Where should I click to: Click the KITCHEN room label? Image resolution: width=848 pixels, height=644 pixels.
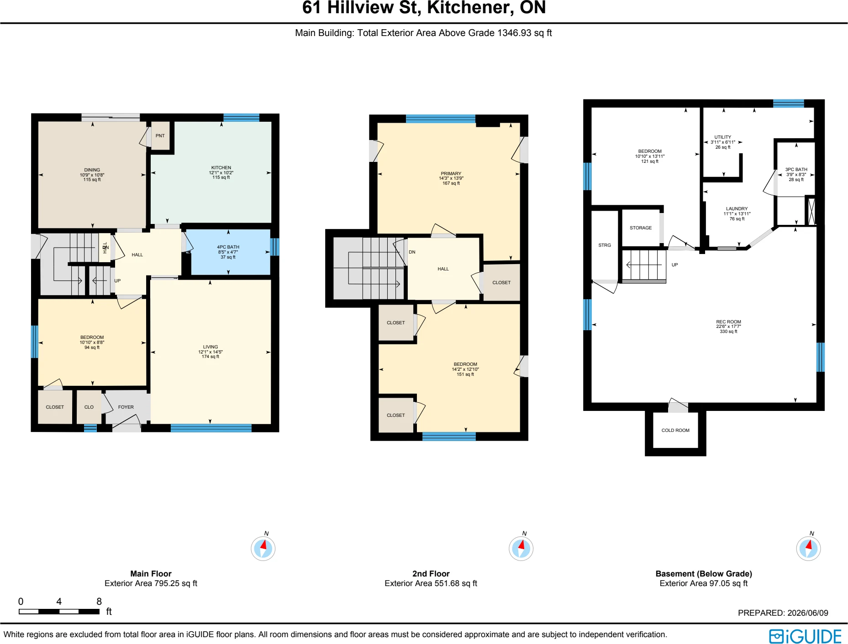coord(221,167)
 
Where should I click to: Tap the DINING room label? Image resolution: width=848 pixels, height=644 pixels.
coord(92,170)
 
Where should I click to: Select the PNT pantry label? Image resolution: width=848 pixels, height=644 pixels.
coord(160,135)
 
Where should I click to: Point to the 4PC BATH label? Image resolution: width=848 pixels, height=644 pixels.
coord(228,247)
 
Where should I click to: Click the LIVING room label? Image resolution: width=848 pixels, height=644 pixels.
coord(211,347)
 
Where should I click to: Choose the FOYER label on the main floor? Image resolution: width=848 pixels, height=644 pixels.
coord(126,407)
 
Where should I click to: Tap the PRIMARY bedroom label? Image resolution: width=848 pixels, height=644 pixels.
coord(451,173)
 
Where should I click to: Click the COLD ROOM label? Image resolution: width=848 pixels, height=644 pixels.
coord(675,430)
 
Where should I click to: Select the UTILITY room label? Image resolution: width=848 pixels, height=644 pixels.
coord(722,137)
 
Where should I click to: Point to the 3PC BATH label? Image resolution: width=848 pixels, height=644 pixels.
coord(796,169)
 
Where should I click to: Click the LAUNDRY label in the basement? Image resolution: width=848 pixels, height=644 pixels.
coord(737,208)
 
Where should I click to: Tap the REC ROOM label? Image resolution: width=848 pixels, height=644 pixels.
coord(728,322)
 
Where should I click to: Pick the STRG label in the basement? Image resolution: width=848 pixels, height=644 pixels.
coord(605,245)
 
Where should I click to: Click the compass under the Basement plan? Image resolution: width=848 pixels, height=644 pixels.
coord(808,548)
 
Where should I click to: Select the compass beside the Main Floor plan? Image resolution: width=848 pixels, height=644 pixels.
coord(263,548)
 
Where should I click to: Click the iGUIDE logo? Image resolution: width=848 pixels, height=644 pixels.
coord(805,636)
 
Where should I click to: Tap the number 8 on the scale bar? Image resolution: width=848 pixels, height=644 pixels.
coord(99,601)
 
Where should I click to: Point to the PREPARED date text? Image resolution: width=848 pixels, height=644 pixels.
coord(783,613)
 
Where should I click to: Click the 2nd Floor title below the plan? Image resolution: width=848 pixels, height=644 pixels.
coord(431,573)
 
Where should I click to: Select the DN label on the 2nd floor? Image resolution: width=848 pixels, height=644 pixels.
coord(412,252)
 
